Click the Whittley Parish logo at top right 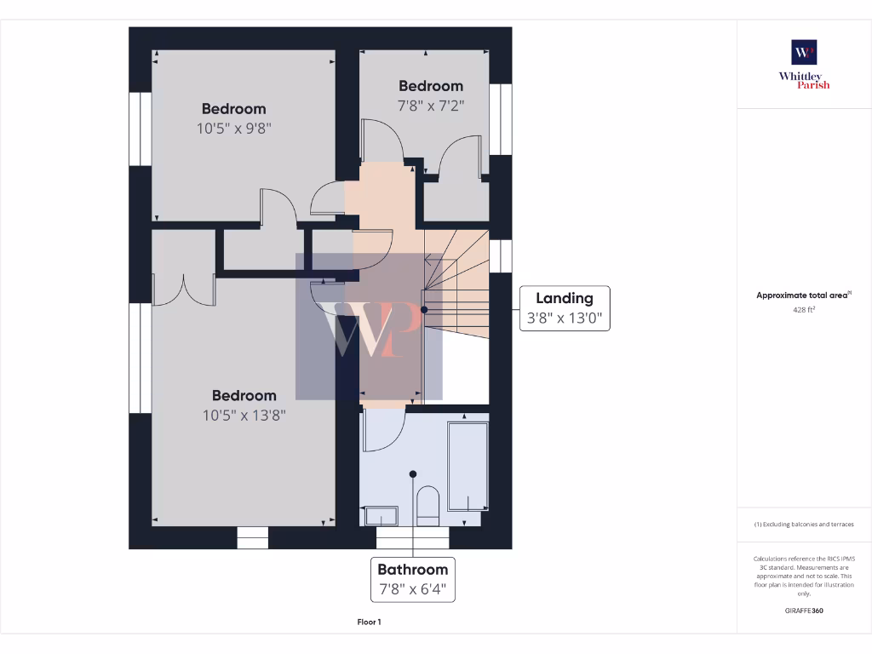[804, 64]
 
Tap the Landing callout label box [564, 308]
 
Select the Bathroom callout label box [413, 579]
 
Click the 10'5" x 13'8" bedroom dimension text [244, 416]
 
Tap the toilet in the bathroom [427, 505]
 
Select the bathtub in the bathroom [468, 466]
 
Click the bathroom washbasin [381, 516]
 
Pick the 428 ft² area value [804, 311]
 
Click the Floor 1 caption [369, 622]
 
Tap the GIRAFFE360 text [804, 611]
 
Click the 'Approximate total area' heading [803, 295]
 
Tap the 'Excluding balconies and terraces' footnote [804, 525]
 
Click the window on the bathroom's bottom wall [412, 538]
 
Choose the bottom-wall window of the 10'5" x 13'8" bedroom [252, 538]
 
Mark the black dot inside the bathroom [413, 474]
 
